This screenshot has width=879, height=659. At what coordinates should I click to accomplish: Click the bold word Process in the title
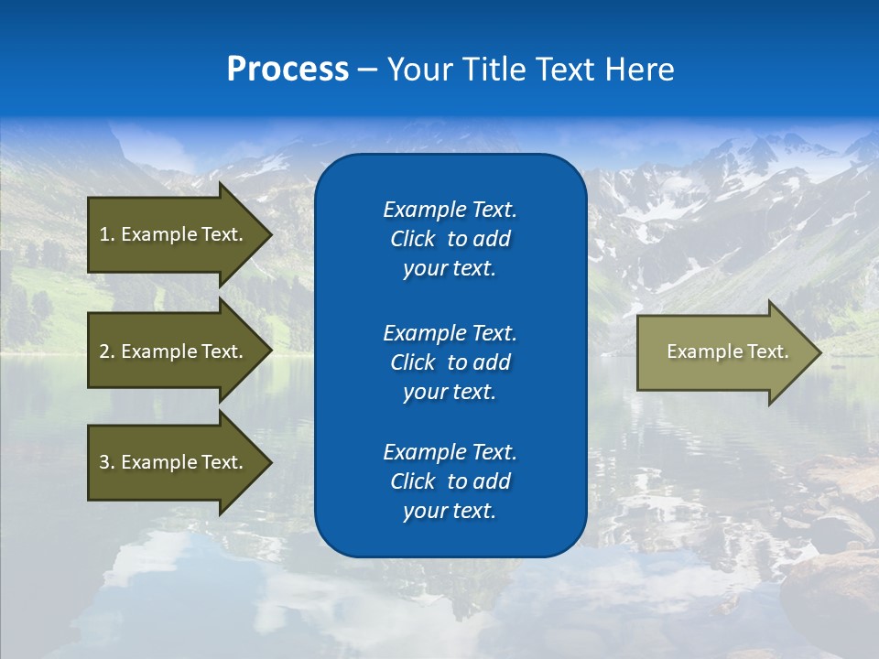(x=288, y=70)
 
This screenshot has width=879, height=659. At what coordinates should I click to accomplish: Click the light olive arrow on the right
(x=723, y=351)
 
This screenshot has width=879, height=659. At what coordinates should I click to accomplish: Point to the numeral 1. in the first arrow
(x=107, y=234)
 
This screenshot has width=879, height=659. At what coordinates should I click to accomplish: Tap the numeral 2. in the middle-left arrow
(x=107, y=351)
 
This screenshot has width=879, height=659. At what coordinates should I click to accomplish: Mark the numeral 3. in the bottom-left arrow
(x=107, y=462)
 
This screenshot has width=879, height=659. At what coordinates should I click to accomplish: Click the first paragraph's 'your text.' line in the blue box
(x=450, y=269)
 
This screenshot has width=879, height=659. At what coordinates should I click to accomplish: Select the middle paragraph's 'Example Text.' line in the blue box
(x=450, y=332)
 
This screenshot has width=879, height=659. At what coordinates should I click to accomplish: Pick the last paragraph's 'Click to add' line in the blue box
(x=450, y=481)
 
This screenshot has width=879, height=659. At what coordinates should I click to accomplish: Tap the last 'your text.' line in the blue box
(x=450, y=512)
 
